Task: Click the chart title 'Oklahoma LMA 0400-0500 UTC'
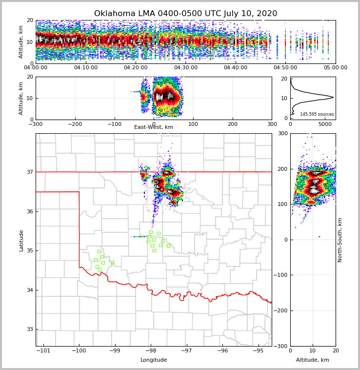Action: pyautogui.click(x=185, y=14)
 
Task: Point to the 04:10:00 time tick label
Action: pyautogui.click(x=86, y=68)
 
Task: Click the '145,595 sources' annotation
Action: pyautogui.click(x=317, y=114)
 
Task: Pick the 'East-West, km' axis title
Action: pyautogui.click(x=154, y=127)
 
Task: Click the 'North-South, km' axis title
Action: pyautogui.click(x=340, y=240)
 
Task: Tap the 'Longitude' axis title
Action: pyautogui.click(x=154, y=360)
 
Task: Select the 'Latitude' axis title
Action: pyautogui.click(x=21, y=240)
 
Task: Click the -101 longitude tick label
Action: pyautogui.click(x=43, y=350)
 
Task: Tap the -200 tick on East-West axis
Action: pyautogui.click(x=75, y=124)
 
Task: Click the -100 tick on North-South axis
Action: pyautogui.click(x=280, y=275)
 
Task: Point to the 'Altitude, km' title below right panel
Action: pyautogui.click(x=313, y=360)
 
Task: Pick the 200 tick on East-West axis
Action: pyautogui.click(x=233, y=124)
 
